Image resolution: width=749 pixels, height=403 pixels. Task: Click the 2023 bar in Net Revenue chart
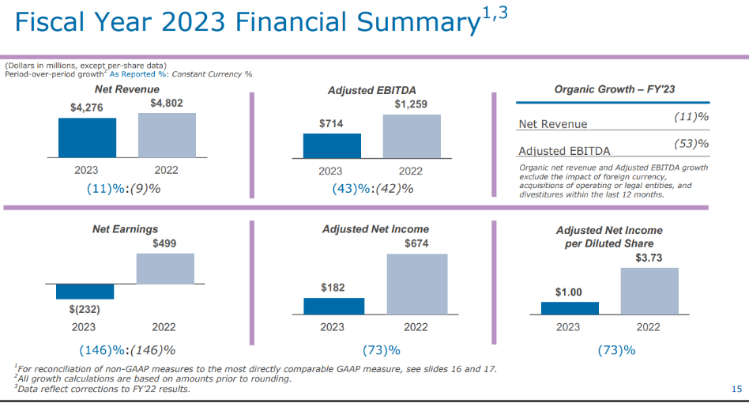(87, 137)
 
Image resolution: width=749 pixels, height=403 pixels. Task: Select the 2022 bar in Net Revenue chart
(167, 135)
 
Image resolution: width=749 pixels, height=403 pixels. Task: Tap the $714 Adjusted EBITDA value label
(332, 124)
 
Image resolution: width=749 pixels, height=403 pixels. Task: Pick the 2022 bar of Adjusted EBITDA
(411, 136)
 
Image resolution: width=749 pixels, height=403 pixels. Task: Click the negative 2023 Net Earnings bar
(85, 292)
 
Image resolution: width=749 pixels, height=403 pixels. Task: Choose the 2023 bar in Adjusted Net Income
(334, 306)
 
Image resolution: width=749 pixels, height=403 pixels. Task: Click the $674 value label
(416, 244)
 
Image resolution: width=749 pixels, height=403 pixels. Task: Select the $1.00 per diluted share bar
(570, 308)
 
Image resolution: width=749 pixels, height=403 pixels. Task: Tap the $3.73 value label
(649, 258)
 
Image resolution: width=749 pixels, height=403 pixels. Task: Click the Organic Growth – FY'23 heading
(613, 90)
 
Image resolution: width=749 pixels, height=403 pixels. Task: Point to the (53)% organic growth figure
(692, 144)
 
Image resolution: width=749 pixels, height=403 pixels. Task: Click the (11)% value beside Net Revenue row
(692, 117)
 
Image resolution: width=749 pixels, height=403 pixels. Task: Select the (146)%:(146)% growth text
(127, 350)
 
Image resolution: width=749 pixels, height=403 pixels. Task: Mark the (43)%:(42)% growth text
(373, 189)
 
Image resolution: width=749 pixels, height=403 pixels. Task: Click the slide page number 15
(736, 389)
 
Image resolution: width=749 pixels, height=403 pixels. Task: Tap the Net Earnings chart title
(126, 229)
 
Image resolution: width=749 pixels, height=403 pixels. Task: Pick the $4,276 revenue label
(87, 107)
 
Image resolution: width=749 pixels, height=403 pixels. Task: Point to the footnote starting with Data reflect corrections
(103, 389)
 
